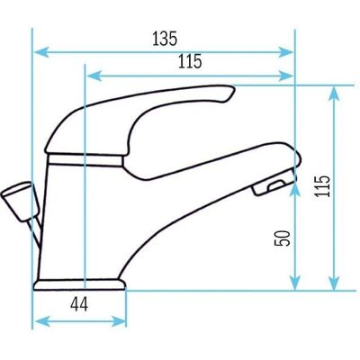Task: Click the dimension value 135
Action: (165, 39)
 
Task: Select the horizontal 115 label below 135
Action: (190, 61)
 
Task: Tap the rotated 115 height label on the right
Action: (322, 185)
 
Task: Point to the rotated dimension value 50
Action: (283, 238)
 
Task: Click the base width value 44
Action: (79, 305)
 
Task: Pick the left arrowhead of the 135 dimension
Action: (40, 52)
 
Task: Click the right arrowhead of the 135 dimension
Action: (285, 52)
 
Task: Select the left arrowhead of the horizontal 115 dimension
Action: (94, 76)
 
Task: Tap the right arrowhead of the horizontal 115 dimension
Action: (285, 76)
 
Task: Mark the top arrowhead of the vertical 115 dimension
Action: (334, 93)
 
